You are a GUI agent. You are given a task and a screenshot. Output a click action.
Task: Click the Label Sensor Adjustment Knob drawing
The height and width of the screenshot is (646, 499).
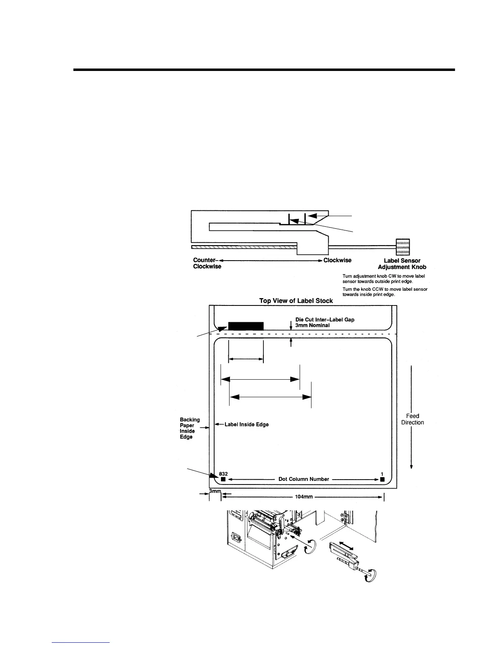[403, 247]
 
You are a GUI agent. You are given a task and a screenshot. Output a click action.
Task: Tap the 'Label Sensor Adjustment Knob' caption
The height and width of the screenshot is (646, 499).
[402, 264]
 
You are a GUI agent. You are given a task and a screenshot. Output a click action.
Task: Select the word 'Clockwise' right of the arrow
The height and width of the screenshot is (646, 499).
[337, 260]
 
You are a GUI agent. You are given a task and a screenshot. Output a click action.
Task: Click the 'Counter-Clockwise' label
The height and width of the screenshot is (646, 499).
[207, 263]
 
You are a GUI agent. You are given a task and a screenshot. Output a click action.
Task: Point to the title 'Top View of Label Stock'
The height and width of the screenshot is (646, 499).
[296, 301]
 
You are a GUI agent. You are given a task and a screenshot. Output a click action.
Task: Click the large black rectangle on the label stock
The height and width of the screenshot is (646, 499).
[246, 326]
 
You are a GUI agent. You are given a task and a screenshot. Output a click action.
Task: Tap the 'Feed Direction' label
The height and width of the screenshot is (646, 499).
[413, 419]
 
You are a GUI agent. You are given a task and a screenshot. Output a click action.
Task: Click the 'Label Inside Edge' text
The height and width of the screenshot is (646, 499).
[247, 425]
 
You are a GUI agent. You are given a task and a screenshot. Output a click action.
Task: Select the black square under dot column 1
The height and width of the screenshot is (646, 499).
[382, 480]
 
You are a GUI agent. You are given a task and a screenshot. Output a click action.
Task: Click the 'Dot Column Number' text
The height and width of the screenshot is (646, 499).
[304, 479]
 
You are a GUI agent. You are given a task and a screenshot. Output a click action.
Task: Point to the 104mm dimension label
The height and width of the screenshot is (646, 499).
[302, 497]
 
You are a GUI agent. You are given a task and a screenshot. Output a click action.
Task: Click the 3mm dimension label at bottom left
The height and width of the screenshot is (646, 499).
[214, 491]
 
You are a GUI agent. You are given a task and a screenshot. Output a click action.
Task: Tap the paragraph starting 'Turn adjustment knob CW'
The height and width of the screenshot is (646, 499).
[384, 279]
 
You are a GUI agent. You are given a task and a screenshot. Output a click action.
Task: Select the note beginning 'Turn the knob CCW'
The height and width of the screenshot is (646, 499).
[385, 292]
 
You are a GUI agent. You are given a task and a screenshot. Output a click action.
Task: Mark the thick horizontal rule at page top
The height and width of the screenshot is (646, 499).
[264, 70]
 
